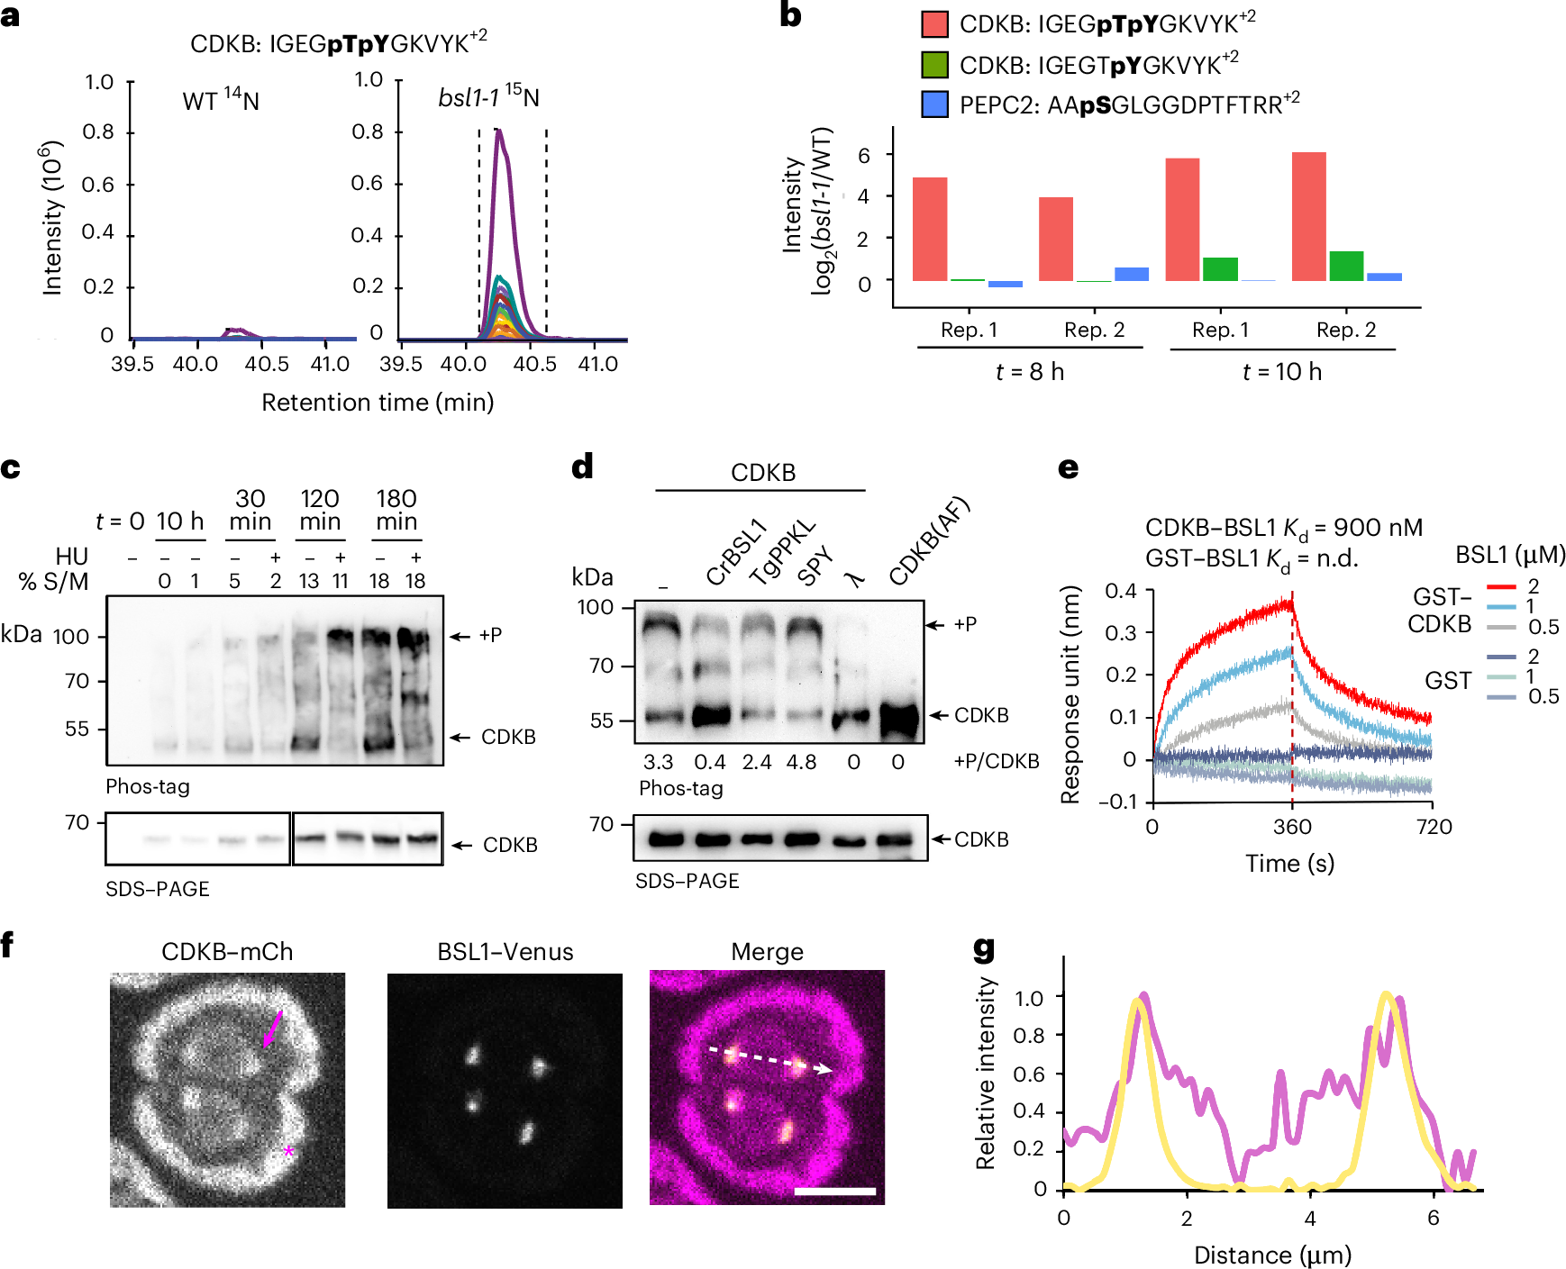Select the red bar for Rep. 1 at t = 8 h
(929, 229)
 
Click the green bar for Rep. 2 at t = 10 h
(1346, 266)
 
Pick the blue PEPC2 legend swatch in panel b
(934, 104)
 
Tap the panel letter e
(1067, 467)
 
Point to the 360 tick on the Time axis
(1292, 827)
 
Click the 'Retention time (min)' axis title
(378, 402)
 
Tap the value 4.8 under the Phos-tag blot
(801, 762)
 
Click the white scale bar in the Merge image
(834, 1191)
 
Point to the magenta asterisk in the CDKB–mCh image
(288, 1152)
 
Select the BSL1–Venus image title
(505, 952)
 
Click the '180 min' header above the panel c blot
(396, 511)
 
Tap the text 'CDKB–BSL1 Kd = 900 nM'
(1283, 528)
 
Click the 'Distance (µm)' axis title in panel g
(1271, 1255)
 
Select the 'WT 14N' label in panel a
(221, 99)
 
